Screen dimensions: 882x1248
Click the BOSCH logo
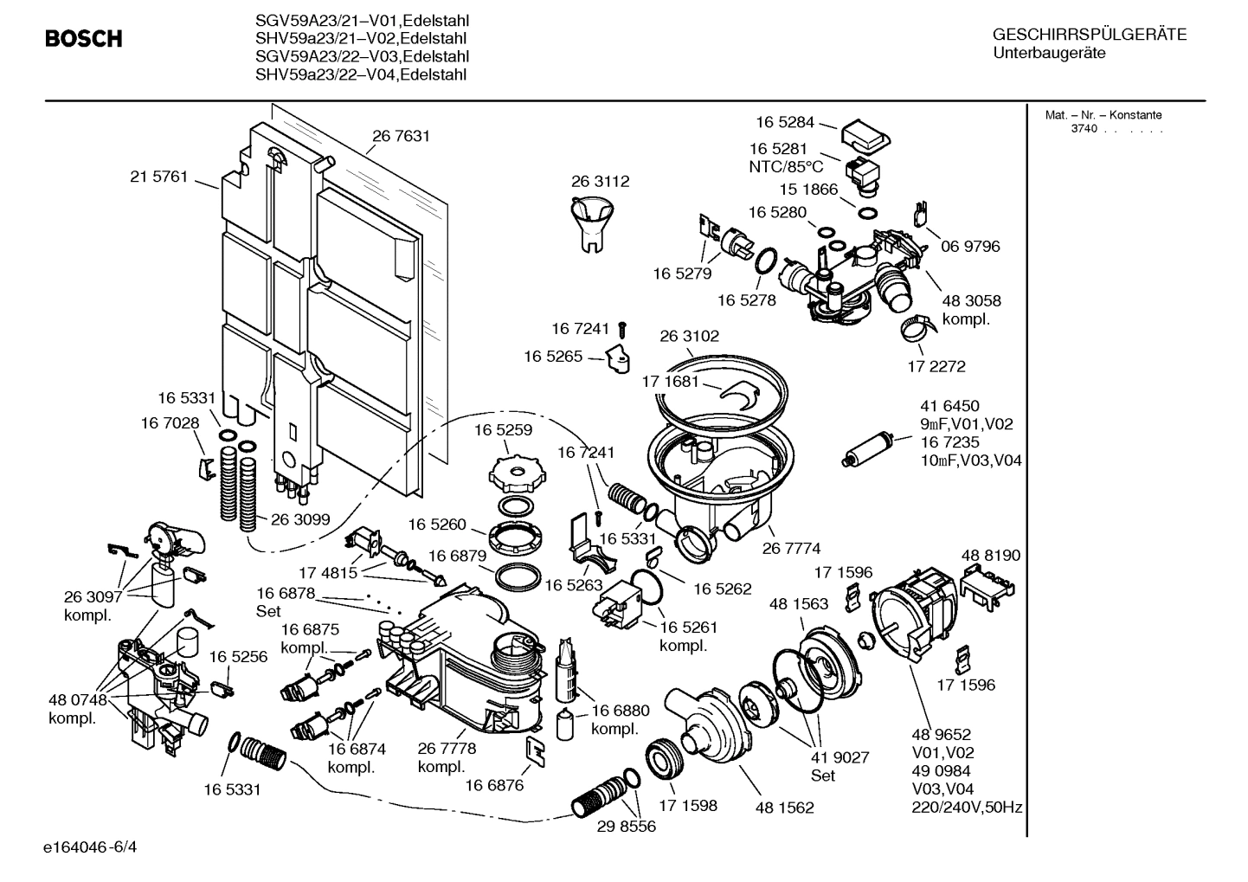(x=83, y=39)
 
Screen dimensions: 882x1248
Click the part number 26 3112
(x=600, y=182)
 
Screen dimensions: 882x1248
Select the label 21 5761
(x=158, y=177)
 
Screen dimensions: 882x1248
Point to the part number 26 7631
(x=401, y=136)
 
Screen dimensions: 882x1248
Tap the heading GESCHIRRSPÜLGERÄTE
(x=1089, y=35)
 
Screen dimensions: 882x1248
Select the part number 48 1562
(x=784, y=808)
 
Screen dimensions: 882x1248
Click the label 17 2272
(x=936, y=366)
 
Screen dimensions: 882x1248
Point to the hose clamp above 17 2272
(x=917, y=327)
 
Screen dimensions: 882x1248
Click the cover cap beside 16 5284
(x=865, y=134)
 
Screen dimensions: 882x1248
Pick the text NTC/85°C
(x=786, y=166)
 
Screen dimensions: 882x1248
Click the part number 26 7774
(x=791, y=548)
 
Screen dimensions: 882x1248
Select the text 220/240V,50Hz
(x=967, y=808)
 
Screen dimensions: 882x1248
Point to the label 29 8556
(x=626, y=826)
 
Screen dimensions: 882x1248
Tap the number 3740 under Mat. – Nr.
(x=1084, y=129)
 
